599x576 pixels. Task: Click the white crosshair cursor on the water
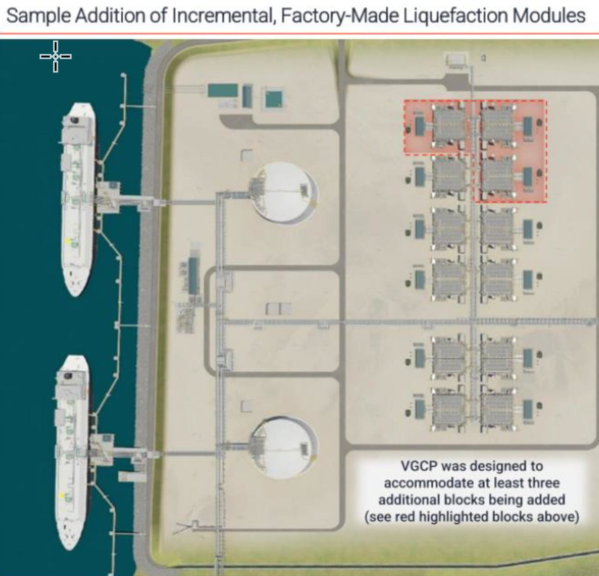click(x=55, y=56)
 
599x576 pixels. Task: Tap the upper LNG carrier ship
click(x=79, y=198)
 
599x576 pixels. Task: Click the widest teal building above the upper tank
click(x=223, y=90)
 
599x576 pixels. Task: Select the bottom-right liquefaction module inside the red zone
click(x=497, y=177)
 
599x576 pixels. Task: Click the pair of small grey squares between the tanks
click(x=279, y=309)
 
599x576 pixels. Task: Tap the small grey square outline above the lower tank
click(x=246, y=406)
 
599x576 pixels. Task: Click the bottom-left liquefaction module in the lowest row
click(x=449, y=409)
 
